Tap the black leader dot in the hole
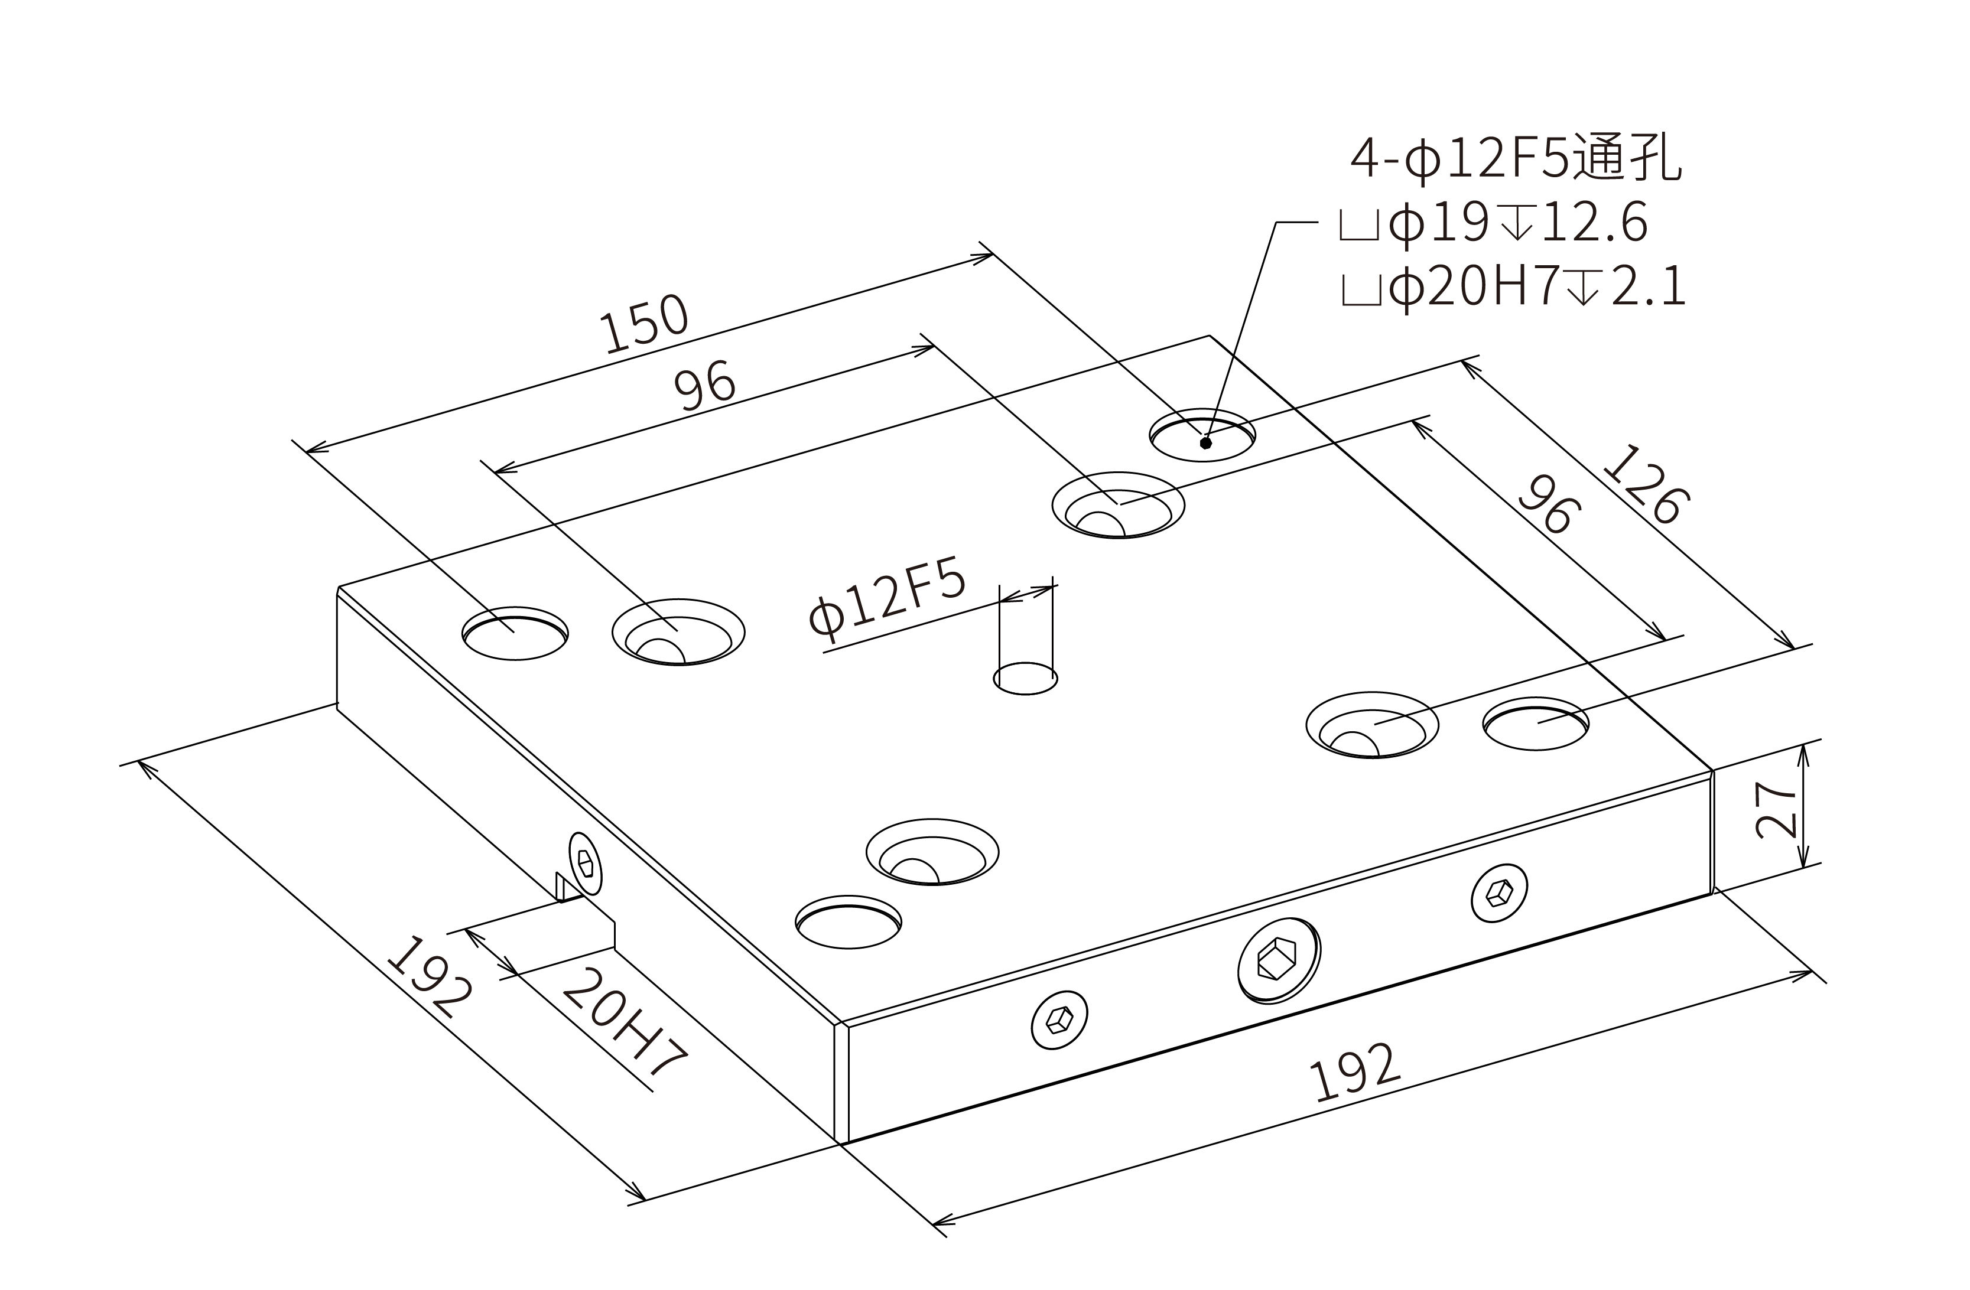pyautogui.click(x=1206, y=442)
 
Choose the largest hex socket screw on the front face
pyautogui.click(x=1279, y=960)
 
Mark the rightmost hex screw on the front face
pyautogui.click(x=1499, y=892)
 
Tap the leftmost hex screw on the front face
pyautogui.click(x=1059, y=1019)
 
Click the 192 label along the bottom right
pyautogui.click(x=1355, y=1073)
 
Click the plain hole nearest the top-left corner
pyautogui.click(x=515, y=633)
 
